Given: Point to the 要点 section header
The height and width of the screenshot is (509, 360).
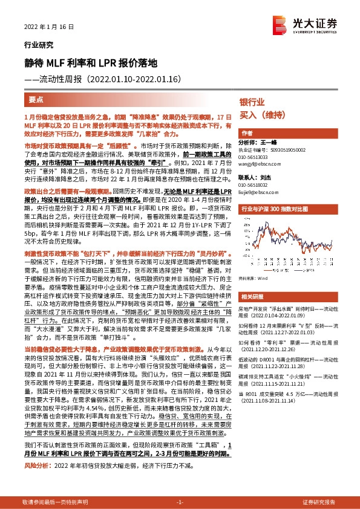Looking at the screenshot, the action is click(36, 99).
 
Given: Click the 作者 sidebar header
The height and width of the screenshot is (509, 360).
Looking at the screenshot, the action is click(247, 133).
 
